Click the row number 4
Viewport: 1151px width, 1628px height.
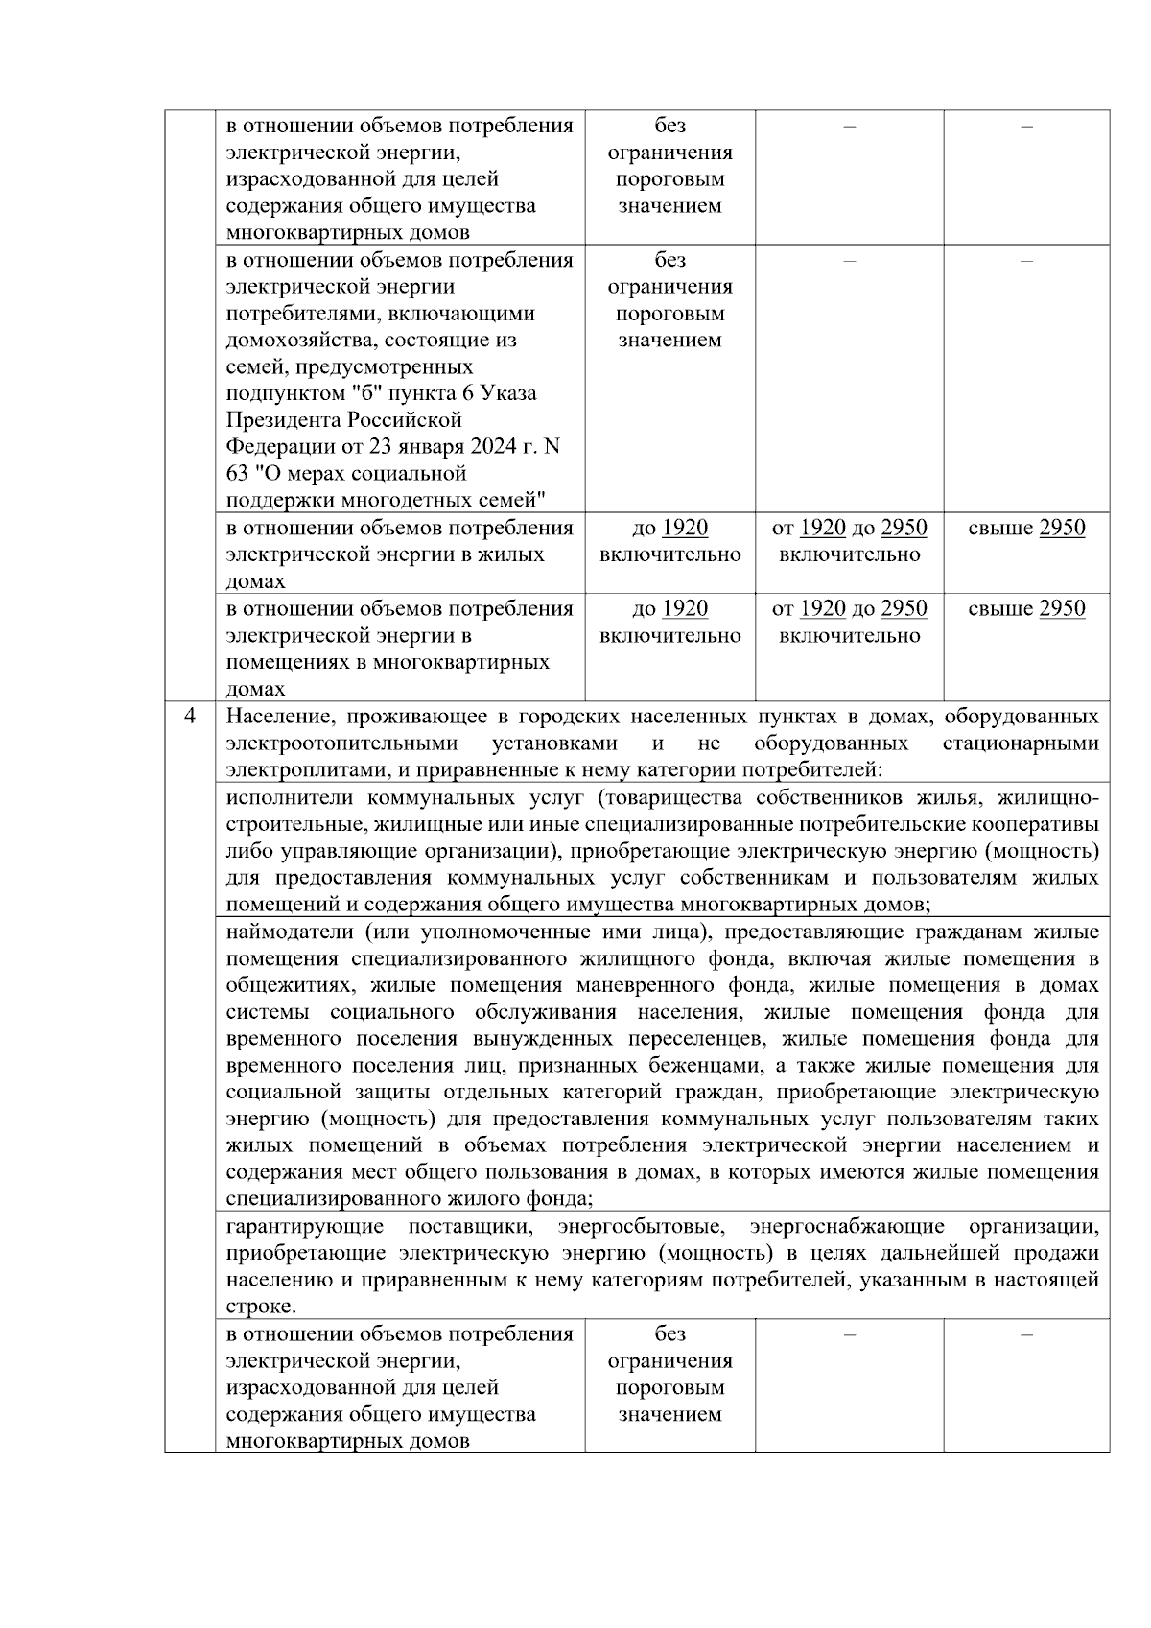190,717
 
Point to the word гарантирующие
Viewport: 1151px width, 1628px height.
304,1227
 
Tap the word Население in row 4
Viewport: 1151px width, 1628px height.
276,718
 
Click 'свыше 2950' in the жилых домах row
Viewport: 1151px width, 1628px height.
1026,529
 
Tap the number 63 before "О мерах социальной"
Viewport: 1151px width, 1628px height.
237,474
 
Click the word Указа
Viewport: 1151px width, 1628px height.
509,393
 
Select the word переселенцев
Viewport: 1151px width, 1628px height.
693,1039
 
